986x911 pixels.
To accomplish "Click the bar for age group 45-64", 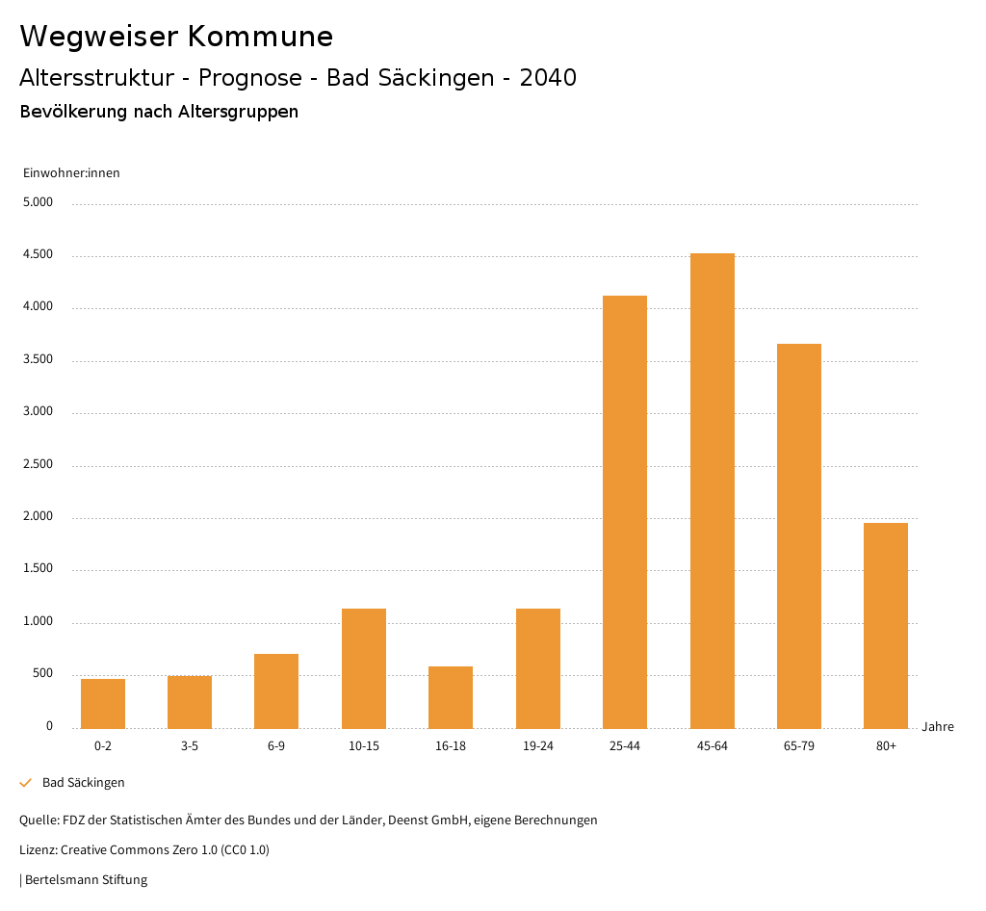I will pos(712,491).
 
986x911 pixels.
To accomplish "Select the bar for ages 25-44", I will pos(625,512).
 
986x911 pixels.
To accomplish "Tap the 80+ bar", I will pos(886,626).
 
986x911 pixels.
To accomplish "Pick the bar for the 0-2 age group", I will pos(103,704).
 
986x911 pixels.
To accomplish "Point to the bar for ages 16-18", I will pos(451,697).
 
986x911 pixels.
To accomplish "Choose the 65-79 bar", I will pos(799,536).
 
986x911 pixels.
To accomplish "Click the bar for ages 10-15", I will pos(364,668).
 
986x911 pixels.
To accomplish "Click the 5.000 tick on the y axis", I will pos(39,203).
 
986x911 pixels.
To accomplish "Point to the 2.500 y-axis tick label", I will pos(39,465).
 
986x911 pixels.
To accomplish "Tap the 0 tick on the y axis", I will pos(49,726).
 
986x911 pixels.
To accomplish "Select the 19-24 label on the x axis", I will pos(537,746).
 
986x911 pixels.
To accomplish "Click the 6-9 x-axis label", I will pos(276,746).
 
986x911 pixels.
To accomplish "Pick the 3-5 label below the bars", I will pos(190,746).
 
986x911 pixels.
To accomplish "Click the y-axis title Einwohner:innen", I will pos(71,173).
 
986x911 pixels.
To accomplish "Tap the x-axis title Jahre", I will pos(937,727).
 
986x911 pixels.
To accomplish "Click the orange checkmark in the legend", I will pos(26,783).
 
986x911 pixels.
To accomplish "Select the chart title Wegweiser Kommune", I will pos(176,37).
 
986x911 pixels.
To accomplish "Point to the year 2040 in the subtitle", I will pos(548,78).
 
